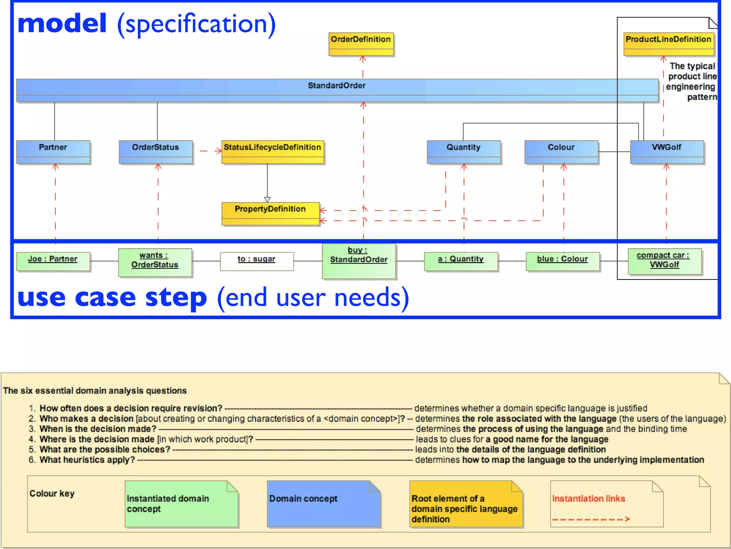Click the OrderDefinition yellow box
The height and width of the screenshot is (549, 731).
pos(361,44)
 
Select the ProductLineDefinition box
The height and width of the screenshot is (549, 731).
pos(669,44)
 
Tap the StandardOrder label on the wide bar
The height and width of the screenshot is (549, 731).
pos(337,85)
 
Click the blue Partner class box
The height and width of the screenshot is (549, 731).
pos(53,152)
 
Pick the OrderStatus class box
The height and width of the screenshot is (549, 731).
pos(156,152)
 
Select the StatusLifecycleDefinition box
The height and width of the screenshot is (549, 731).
pos(272,152)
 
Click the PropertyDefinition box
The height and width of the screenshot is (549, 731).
pos(270,213)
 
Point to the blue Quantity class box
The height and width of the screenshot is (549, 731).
pos(464,152)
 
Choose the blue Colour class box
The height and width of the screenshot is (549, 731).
pos(561,152)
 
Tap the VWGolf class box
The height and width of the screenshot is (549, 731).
pos(667,152)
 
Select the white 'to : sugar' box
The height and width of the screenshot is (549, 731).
pos(257,261)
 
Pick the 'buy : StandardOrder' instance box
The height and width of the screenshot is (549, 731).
pos(359,261)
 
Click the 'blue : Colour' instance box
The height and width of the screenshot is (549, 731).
pos(563,261)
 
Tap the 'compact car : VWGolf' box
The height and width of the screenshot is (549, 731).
pos(664,261)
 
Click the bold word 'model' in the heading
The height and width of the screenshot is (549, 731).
pos(62,24)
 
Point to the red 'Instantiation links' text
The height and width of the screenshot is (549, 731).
pos(589,498)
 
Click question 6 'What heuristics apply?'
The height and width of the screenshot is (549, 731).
pos(87,460)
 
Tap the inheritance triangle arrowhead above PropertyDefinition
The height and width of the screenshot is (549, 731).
pos(267,199)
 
